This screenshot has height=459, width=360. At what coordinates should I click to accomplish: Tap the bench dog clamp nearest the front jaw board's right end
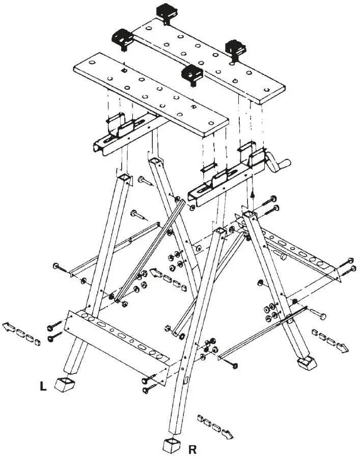click(192, 74)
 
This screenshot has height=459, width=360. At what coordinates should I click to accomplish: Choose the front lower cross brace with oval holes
click(117, 340)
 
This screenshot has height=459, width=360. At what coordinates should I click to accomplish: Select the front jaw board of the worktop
click(150, 94)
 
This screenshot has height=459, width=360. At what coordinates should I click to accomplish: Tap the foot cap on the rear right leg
click(306, 363)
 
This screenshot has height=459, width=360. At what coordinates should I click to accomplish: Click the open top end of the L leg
click(124, 178)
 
